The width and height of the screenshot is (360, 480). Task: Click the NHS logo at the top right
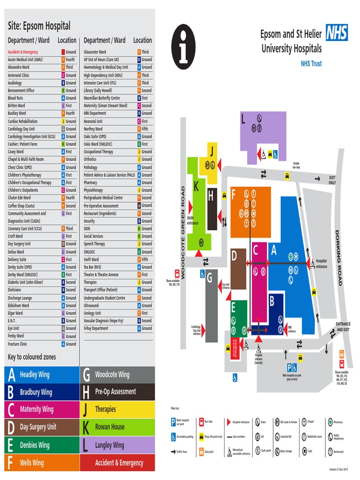click(337, 33)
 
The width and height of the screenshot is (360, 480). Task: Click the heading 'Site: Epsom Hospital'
click(39, 26)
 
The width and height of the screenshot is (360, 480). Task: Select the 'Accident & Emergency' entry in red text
click(23, 52)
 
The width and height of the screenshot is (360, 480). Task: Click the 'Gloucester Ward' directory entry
click(95, 52)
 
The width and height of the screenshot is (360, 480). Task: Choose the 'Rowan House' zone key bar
click(117, 427)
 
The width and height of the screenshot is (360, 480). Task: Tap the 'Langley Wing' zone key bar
click(117, 445)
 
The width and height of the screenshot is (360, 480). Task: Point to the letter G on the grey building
click(210, 278)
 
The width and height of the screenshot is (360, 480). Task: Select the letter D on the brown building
click(234, 256)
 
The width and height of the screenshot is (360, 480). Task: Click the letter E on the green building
click(233, 307)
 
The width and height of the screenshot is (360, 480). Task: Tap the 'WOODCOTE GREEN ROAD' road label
click(183, 232)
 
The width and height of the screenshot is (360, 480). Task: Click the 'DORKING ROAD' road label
click(338, 258)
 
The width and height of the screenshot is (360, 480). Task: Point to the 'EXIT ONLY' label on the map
click(332, 180)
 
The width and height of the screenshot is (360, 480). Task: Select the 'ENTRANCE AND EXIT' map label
click(343, 327)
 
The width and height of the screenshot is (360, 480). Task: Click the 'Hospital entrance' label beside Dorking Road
click(322, 263)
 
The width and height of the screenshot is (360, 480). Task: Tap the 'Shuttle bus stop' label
click(296, 165)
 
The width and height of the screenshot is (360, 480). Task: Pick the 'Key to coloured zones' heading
click(32, 357)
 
